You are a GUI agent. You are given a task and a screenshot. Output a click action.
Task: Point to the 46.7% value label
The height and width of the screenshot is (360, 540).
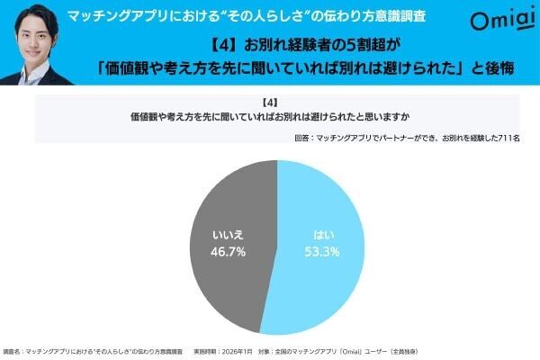pos(227,253)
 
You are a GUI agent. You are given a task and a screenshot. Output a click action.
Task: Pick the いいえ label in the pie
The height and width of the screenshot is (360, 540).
pos(227,236)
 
